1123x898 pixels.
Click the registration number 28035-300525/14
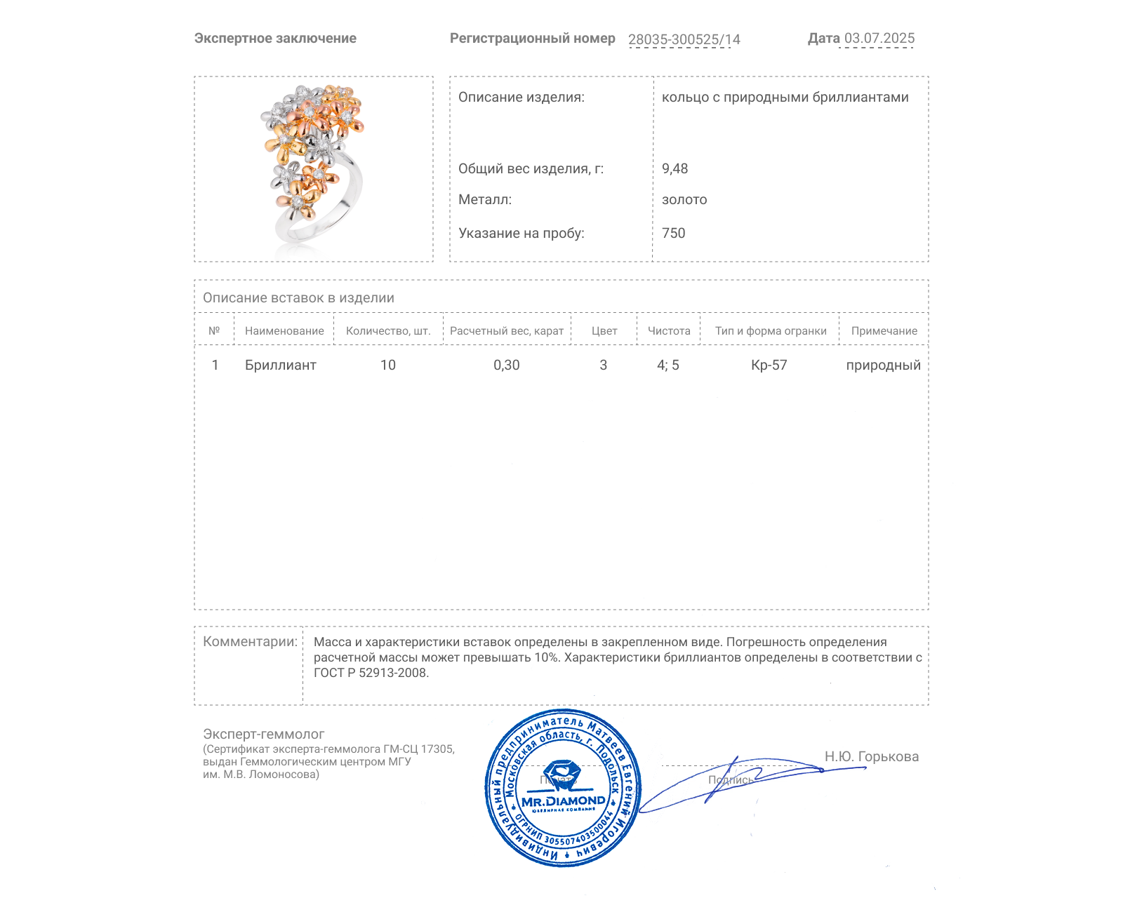[x=684, y=39]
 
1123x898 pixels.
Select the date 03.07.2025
[x=879, y=38]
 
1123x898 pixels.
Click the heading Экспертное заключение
[x=275, y=39]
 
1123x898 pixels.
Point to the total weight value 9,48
[x=675, y=168]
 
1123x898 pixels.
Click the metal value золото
[x=684, y=200]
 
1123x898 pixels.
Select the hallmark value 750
[x=673, y=233]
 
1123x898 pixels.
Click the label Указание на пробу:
[x=521, y=233]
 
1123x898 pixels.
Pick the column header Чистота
[x=668, y=331]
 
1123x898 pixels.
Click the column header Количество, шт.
[x=387, y=331]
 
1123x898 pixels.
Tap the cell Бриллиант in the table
[x=280, y=365]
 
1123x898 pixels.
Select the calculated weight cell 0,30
[x=506, y=365]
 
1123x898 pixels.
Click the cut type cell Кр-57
[x=769, y=365]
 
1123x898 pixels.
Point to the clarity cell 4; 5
[x=667, y=365]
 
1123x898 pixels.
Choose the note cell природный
[x=883, y=365]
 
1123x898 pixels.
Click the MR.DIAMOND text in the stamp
[x=563, y=800]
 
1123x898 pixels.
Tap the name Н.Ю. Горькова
[x=871, y=756]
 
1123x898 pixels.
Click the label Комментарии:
[x=250, y=641]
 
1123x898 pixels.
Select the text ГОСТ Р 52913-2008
[x=371, y=673]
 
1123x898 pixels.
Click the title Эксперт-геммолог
[x=263, y=734]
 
